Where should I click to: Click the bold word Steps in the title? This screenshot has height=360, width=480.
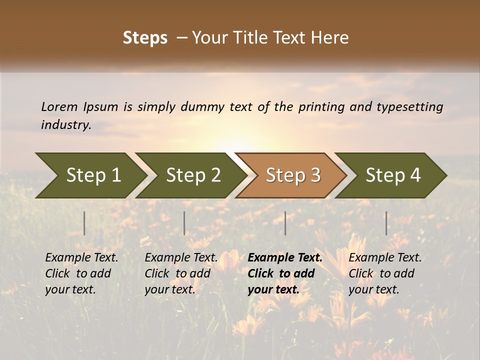tap(145, 38)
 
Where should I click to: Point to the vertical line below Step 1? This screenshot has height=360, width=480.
tap(84, 223)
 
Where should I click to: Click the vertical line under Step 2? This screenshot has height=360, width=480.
tap(184, 223)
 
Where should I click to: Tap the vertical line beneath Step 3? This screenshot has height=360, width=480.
tap(285, 223)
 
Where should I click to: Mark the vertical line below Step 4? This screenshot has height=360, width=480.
tap(386, 223)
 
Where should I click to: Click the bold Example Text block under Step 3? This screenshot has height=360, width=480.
tap(285, 273)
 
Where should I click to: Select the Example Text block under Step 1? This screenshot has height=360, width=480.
tap(81, 273)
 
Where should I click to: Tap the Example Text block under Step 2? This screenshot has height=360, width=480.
tap(181, 273)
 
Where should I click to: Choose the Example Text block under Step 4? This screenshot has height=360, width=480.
tap(385, 273)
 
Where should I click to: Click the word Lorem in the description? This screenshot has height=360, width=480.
tap(59, 107)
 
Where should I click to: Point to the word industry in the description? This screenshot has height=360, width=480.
tap(66, 125)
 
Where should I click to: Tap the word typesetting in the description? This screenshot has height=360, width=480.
tap(409, 107)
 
